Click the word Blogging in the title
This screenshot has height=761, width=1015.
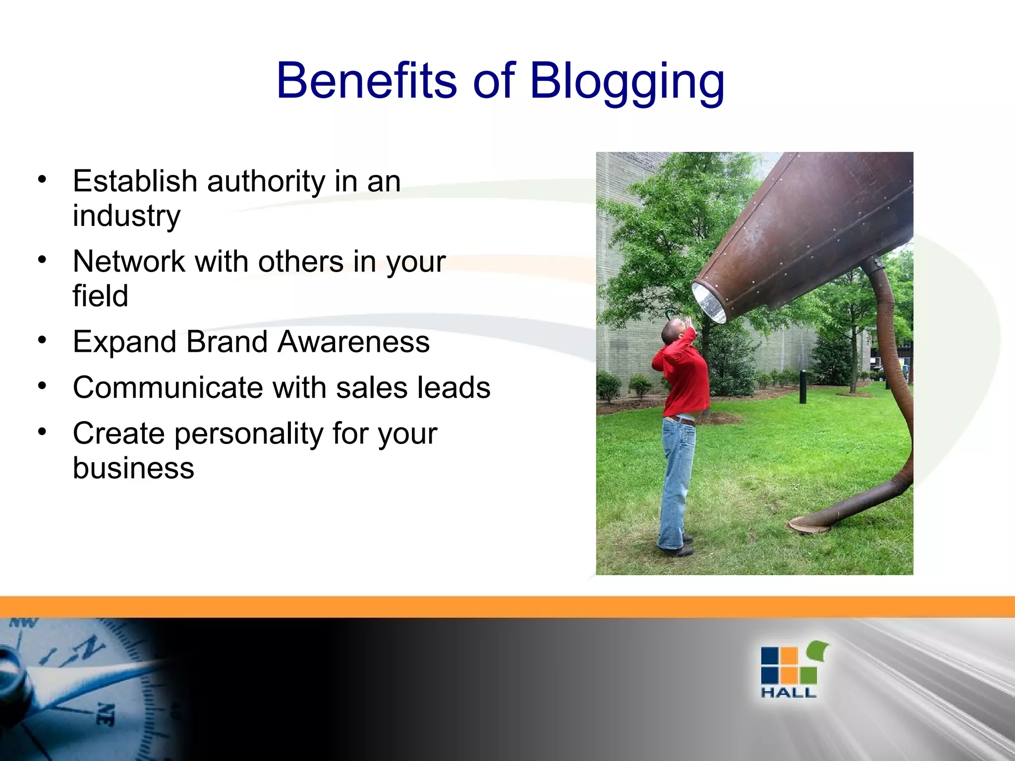pos(627,82)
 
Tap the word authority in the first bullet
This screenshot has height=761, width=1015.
pos(266,181)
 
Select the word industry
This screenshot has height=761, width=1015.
pos(126,216)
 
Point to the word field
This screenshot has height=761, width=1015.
pos(100,296)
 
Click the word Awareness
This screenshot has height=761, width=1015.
pos(353,342)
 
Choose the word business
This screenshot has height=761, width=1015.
pos(133,468)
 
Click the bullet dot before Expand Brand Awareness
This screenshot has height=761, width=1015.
pos(43,340)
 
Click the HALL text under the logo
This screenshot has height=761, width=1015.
pos(788,693)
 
